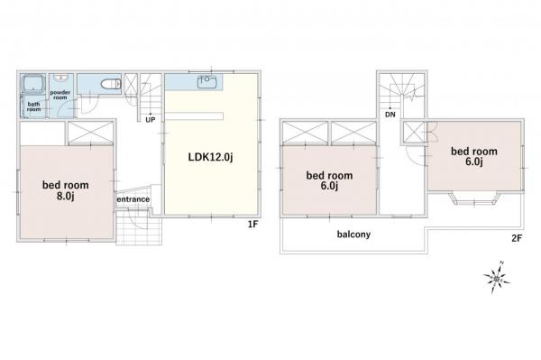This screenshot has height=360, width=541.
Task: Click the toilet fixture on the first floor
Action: point(111,84)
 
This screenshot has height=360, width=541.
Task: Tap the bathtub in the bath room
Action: point(33,84)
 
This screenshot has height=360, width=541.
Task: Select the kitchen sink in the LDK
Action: point(206,81)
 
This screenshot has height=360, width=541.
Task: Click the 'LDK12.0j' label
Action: point(210,157)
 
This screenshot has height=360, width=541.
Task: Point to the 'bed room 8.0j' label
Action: point(66,190)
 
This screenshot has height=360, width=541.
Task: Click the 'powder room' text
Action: point(60,95)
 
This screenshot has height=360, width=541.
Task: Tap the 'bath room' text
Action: point(34,106)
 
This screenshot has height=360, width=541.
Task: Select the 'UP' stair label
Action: point(151,120)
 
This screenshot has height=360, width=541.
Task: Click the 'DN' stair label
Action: point(390,115)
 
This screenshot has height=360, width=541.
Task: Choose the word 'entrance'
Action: point(133,199)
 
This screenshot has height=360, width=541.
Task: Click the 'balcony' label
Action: point(353,235)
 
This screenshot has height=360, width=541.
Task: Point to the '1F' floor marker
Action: point(252,225)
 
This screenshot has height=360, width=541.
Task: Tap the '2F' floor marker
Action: point(517,238)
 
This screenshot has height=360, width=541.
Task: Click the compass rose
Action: point(496,278)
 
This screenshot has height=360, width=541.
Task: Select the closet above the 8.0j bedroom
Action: point(91,133)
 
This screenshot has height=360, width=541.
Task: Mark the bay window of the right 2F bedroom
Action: point(474,199)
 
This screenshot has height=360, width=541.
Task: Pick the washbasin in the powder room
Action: point(61,78)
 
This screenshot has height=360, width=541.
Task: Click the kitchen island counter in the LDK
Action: point(194,116)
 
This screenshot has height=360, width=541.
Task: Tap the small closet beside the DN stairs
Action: point(414,133)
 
